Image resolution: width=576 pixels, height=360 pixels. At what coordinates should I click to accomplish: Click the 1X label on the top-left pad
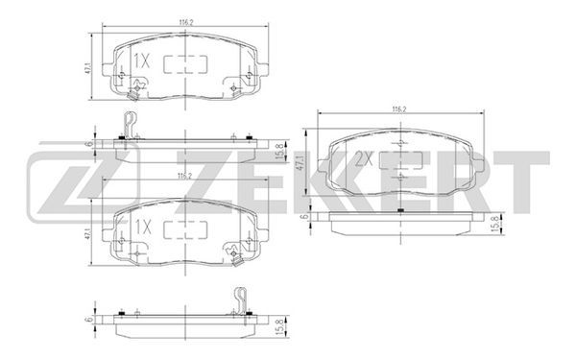click(x=141, y=60)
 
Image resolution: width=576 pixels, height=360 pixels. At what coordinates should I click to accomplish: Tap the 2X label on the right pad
click(x=364, y=159)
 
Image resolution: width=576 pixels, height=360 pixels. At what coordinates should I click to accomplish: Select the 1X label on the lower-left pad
click(x=143, y=228)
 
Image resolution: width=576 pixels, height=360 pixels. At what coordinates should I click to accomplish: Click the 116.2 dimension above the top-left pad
click(x=186, y=22)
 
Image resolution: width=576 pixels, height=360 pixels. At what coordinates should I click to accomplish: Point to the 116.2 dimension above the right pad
click(x=400, y=109)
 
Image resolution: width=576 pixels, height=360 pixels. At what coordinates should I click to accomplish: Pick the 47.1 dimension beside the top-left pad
click(x=87, y=67)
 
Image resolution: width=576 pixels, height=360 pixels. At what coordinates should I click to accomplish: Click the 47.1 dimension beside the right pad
click(x=300, y=163)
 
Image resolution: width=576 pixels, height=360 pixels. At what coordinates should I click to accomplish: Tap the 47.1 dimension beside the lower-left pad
click(x=87, y=234)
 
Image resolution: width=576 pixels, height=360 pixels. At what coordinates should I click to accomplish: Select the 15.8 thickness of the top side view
click(x=279, y=151)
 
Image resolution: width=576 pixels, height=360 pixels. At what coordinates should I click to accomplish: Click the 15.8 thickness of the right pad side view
click(x=495, y=224)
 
